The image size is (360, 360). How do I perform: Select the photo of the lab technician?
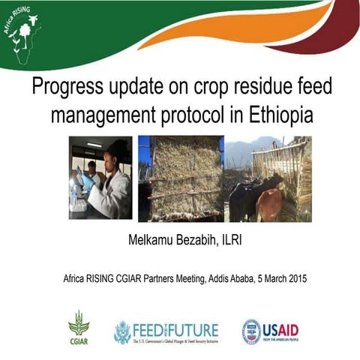click(102, 178)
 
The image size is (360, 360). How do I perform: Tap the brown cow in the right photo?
click(269, 204)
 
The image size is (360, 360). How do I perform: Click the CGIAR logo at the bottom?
click(78, 328)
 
